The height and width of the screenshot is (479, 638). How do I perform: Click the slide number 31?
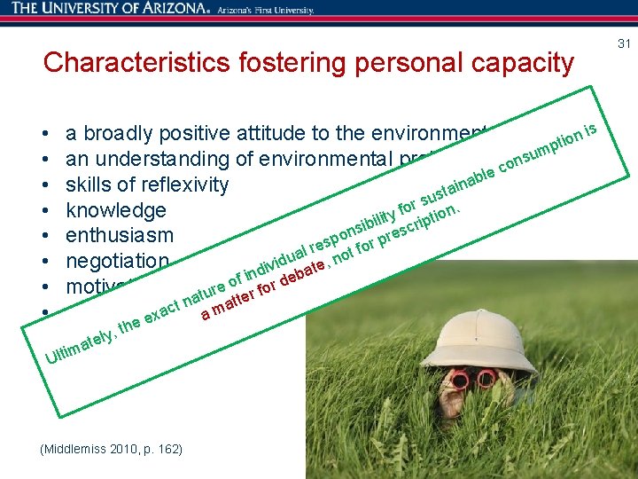pyautogui.click(x=624, y=43)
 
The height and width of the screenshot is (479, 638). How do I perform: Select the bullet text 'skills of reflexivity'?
pyautogui.click(x=147, y=185)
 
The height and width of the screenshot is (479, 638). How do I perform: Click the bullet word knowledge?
pyautogui.click(x=116, y=211)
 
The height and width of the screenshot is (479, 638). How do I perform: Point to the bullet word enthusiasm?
pyautogui.click(x=120, y=237)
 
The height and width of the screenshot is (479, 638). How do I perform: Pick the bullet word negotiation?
pyautogui.click(x=117, y=262)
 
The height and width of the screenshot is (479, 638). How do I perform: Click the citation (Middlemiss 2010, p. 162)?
pyautogui.click(x=112, y=450)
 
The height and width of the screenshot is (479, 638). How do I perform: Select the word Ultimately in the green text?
pyautogui.click(x=82, y=347)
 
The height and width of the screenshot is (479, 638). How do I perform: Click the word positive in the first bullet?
pyautogui.click(x=206, y=134)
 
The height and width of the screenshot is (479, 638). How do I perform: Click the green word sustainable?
pyautogui.click(x=456, y=185)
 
